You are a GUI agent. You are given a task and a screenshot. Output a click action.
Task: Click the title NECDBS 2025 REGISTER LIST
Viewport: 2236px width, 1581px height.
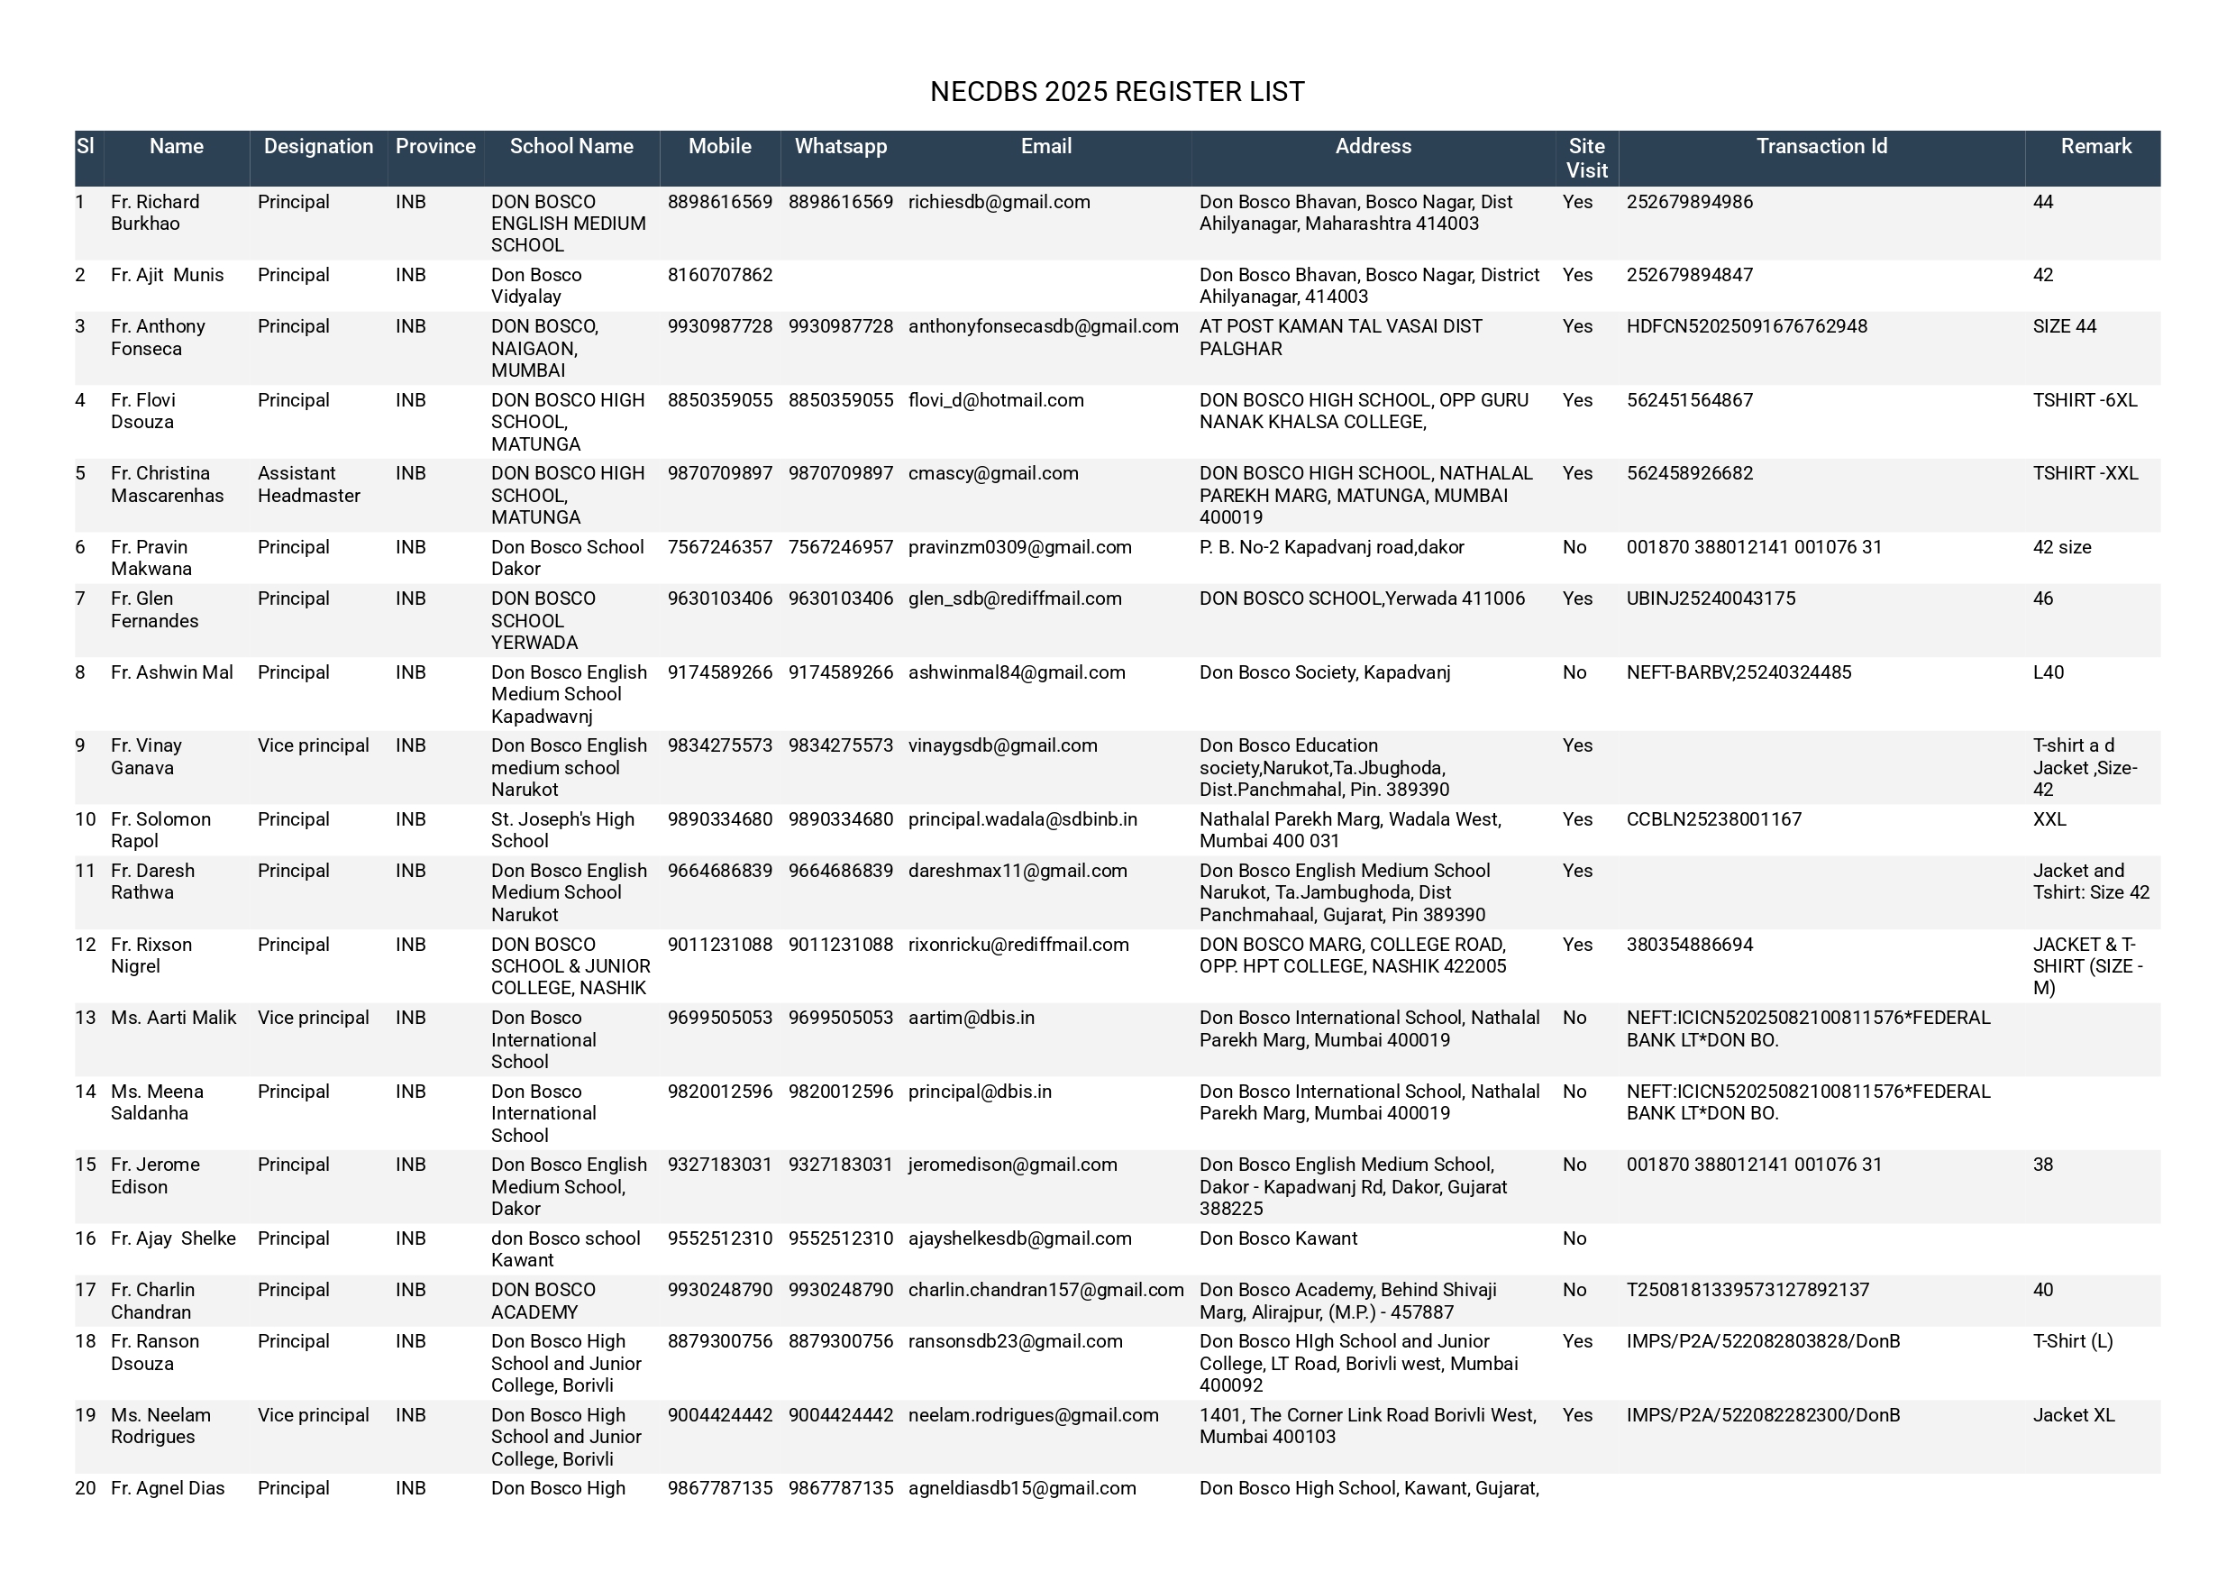pos(1117,92)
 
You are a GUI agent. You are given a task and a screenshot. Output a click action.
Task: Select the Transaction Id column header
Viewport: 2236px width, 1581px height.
pos(1821,146)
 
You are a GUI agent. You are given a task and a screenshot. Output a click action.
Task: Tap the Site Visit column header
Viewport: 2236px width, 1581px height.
pos(1586,158)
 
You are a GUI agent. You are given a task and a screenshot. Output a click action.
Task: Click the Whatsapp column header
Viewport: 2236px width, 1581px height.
pos(841,146)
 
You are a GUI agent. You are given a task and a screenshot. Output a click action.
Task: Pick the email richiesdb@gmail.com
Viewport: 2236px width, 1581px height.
pos(999,202)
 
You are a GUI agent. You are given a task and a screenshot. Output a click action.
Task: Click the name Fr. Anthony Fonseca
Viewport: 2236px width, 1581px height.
pos(158,337)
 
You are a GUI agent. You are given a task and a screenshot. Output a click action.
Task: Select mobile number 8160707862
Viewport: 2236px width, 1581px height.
pos(720,275)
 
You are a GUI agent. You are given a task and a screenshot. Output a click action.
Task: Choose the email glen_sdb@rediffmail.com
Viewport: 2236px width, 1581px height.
pos(1015,599)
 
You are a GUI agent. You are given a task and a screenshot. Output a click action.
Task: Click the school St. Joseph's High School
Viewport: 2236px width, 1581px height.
pos(561,830)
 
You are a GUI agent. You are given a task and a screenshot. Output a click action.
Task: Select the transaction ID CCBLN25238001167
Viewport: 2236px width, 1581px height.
pos(1713,819)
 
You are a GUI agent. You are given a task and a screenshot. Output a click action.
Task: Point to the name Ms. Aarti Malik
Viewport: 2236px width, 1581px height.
pos(173,1017)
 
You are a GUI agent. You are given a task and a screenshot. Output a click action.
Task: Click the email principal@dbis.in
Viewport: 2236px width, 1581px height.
pos(980,1091)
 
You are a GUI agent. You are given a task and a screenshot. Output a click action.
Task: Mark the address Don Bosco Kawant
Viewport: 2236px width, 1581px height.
pos(1278,1238)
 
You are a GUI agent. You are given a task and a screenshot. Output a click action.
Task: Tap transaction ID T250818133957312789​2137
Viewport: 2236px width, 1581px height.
pos(1748,1290)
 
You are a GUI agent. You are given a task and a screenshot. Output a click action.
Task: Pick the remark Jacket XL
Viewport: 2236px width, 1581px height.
pos(2074,1414)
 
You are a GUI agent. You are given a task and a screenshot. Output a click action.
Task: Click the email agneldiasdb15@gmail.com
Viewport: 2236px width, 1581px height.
pos(1022,1487)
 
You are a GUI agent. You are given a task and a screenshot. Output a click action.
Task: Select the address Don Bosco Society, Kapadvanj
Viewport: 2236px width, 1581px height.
pos(1325,672)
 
